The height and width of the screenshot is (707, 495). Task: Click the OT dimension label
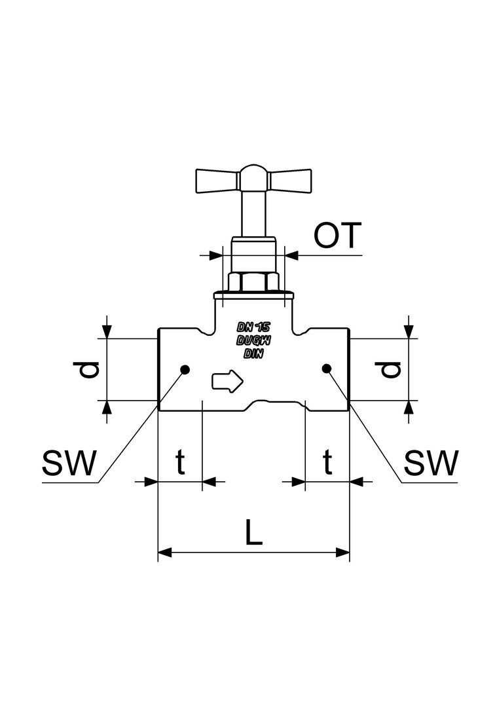coord(338,235)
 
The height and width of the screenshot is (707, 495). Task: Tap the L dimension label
coord(254,532)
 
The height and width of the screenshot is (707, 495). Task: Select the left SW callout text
coord(69,463)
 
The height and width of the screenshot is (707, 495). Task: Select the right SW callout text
coord(431,463)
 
